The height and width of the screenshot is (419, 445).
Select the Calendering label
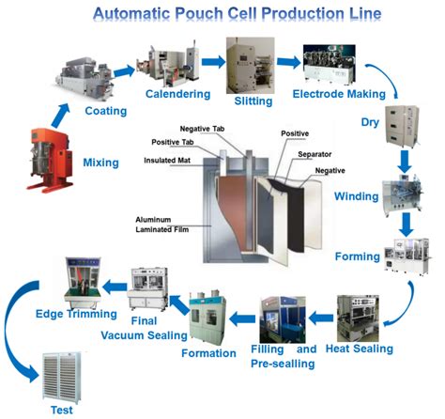[176, 94]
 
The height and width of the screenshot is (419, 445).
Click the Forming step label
[358, 256]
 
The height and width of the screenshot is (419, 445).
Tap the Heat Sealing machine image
[361, 317]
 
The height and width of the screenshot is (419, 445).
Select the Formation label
[209, 353]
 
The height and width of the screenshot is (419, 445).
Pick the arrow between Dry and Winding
[406, 162]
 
